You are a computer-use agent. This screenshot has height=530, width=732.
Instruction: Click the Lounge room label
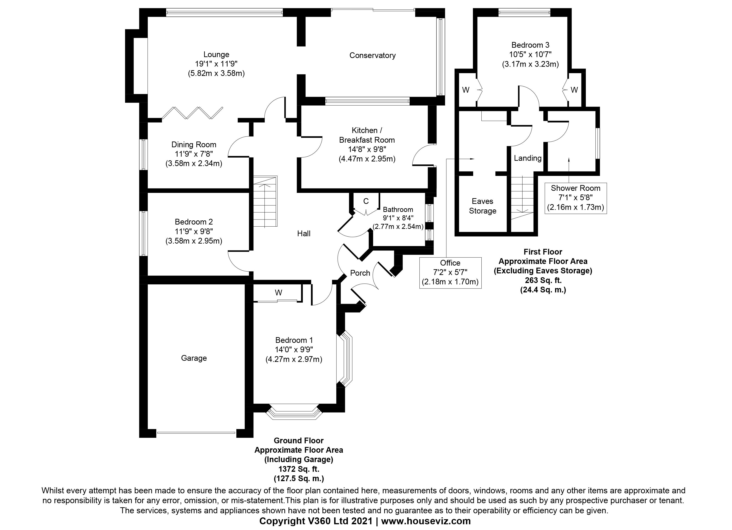(216, 55)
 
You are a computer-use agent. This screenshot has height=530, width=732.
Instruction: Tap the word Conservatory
(372, 55)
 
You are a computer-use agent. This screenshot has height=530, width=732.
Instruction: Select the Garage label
(194, 358)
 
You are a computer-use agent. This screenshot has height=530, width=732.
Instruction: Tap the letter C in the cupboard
(366, 201)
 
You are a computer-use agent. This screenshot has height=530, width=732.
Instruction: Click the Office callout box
(450, 273)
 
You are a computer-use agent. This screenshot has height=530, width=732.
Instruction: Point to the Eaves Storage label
(483, 206)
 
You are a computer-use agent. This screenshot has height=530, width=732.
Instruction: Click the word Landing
(527, 158)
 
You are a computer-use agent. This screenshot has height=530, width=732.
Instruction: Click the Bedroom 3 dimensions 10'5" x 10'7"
(530, 55)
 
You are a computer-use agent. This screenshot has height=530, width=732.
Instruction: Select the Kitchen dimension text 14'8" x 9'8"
(367, 149)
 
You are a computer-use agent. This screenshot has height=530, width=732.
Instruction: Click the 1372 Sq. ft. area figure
(299, 469)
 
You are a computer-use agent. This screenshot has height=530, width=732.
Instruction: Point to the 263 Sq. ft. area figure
(543, 280)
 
